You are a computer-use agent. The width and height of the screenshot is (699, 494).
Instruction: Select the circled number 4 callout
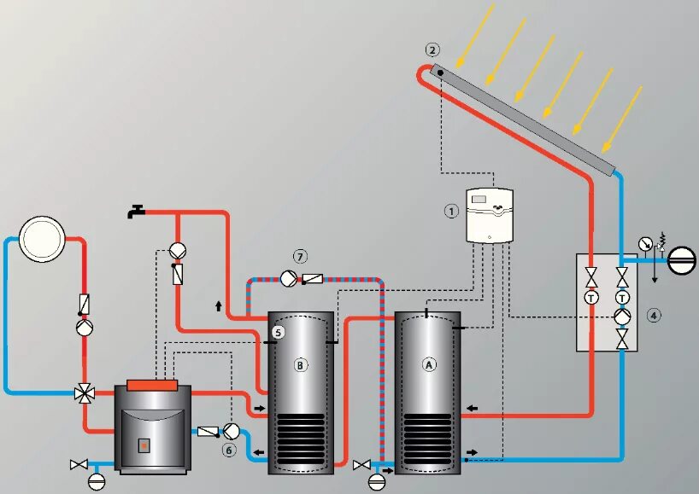pos(653,316)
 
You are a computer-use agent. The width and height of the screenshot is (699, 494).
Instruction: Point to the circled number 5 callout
pos(278,332)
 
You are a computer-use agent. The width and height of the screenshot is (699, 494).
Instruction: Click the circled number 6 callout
pos(228,449)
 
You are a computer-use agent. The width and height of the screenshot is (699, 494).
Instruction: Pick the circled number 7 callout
pos(299,256)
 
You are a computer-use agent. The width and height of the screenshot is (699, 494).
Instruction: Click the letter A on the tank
pos(428,364)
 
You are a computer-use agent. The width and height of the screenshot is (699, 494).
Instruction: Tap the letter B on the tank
pos(300,365)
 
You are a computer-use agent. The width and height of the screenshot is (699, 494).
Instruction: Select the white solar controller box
pos(488,215)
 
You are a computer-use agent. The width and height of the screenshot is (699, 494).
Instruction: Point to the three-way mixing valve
pos(85,392)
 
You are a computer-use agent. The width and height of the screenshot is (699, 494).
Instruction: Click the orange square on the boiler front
pos(144,445)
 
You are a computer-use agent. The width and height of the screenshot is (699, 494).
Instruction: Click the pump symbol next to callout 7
pos(287,277)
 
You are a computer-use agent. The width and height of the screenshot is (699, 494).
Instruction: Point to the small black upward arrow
pos(219,304)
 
